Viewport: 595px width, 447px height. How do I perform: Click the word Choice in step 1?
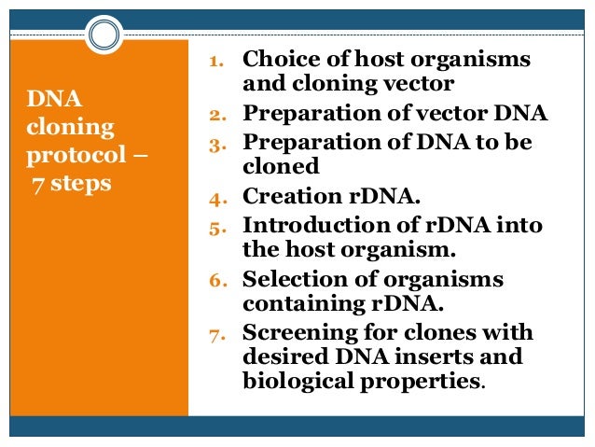click(275, 61)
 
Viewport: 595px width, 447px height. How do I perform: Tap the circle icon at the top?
click(105, 36)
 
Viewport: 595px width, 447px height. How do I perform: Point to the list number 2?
click(212, 117)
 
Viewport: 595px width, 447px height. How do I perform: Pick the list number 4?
click(213, 198)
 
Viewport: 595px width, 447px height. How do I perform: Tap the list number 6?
click(213, 281)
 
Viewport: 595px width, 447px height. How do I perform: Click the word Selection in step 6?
click(289, 280)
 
